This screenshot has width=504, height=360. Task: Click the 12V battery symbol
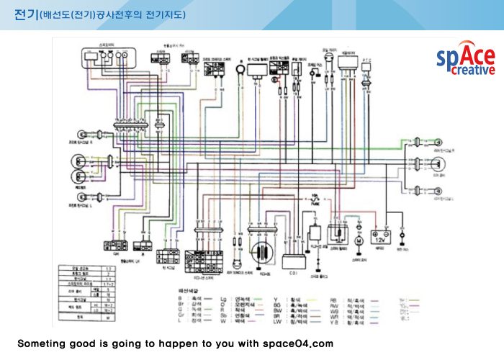coord(378,235)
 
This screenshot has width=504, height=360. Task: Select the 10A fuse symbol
coord(314,199)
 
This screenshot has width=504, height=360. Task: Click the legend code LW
coord(276,322)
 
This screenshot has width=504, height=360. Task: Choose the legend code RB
coord(334,297)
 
